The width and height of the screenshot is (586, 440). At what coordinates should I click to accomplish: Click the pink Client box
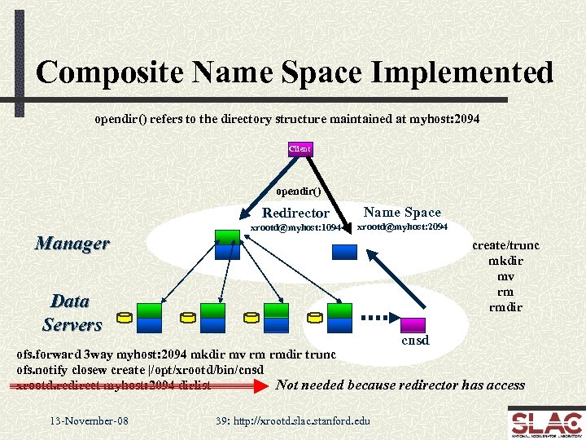click(x=300, y=148)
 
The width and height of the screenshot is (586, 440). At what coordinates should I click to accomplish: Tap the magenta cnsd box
click(x=413, y=324)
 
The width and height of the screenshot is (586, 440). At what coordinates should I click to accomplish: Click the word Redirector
click(x=295, y=213)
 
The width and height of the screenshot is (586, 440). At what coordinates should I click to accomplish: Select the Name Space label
click(x=402, y=212)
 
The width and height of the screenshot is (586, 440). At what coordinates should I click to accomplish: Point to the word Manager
click(x=72, y=243)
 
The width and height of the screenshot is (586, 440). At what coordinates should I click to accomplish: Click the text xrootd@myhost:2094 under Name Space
click(x=403, y=226)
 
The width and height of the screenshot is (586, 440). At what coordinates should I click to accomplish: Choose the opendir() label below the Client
click(x=299, y=192)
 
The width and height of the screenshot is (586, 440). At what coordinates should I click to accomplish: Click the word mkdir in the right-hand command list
click(x=505, y=262)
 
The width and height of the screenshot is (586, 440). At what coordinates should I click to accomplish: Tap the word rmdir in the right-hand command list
click(x=505, y=307)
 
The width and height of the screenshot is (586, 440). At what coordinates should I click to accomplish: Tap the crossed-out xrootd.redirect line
click(x=113, y=385)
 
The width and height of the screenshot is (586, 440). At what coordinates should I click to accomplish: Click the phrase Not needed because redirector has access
click(x=400, y=385)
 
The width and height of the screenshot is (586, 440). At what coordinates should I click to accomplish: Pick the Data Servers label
click(x=72, y=313)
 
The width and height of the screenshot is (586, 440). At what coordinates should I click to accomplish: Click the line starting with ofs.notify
click(x=140, y=370)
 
